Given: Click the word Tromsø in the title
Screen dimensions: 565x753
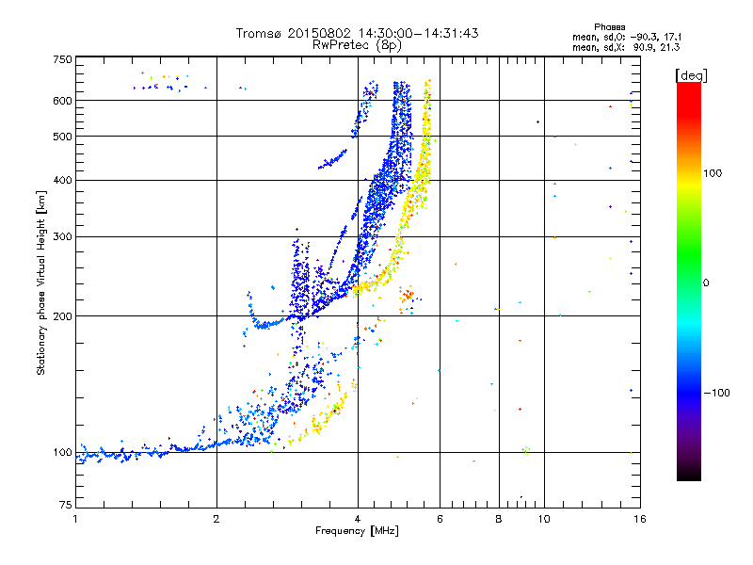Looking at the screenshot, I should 260,33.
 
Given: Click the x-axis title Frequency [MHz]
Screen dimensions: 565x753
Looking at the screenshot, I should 357,532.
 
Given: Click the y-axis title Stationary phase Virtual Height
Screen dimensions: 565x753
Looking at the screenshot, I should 41,283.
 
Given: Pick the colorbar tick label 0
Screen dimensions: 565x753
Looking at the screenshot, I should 707,282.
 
